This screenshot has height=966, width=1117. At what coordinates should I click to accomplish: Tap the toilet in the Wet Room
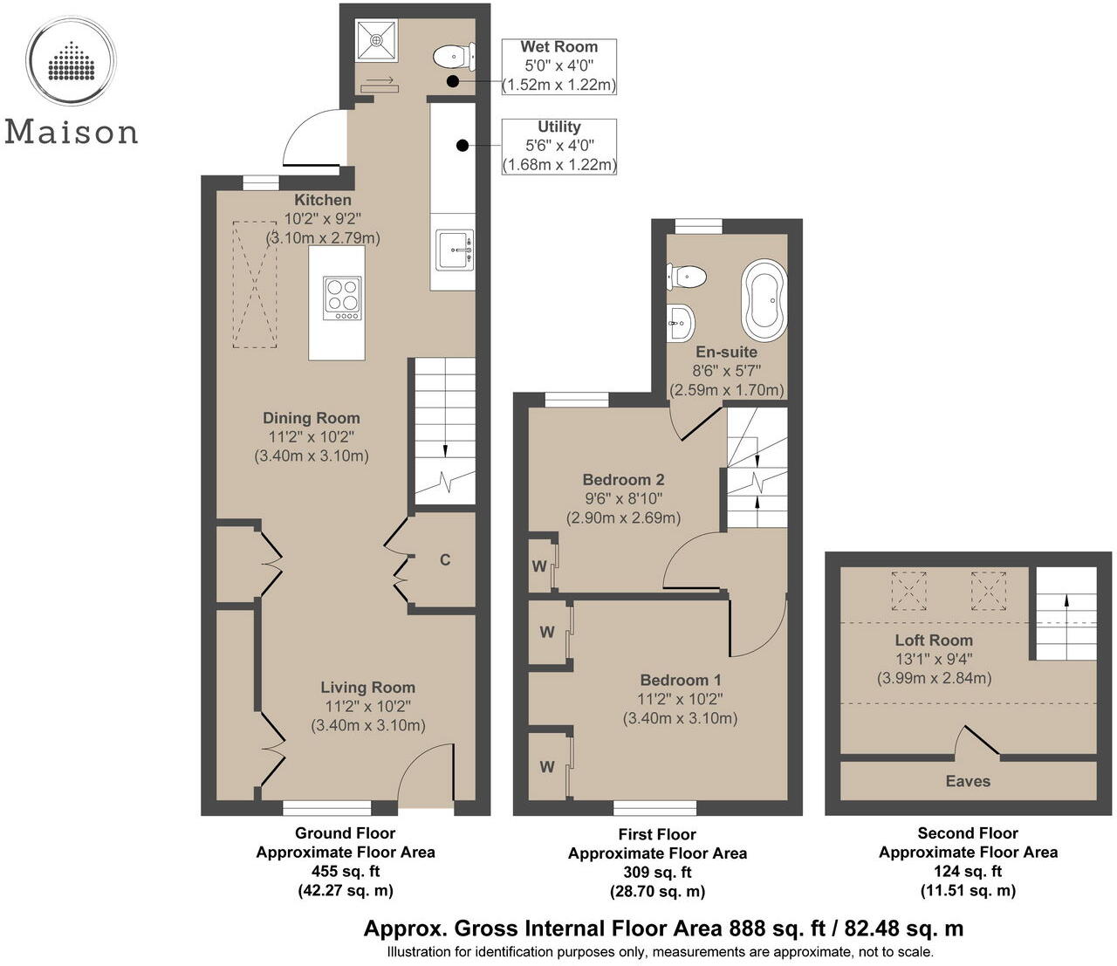[452, 57]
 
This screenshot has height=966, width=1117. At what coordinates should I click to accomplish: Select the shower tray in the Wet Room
[375, 39]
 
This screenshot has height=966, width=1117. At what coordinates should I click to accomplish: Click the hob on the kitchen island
[342, 298]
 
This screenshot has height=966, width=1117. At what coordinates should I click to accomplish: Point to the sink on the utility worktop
[454, 250]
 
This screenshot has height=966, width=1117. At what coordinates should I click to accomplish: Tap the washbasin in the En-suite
[681, 322]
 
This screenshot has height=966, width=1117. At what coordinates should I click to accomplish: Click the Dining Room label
[312, 418]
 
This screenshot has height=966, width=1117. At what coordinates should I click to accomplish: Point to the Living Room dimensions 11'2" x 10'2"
[367, 706]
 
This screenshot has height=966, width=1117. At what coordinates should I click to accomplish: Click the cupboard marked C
[445, 559]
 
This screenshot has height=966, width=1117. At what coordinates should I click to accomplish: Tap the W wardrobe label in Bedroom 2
[539, 565]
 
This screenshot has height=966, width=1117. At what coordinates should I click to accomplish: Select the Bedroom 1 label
[681, 680]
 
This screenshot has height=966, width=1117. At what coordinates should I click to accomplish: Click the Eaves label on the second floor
[968, 781]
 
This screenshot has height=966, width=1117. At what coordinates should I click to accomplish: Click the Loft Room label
[934, 640]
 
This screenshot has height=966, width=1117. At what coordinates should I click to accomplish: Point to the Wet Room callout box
[559, 65]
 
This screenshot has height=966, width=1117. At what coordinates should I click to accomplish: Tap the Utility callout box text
[559, 146]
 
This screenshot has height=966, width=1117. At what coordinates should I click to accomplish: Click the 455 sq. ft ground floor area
[346, 871]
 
